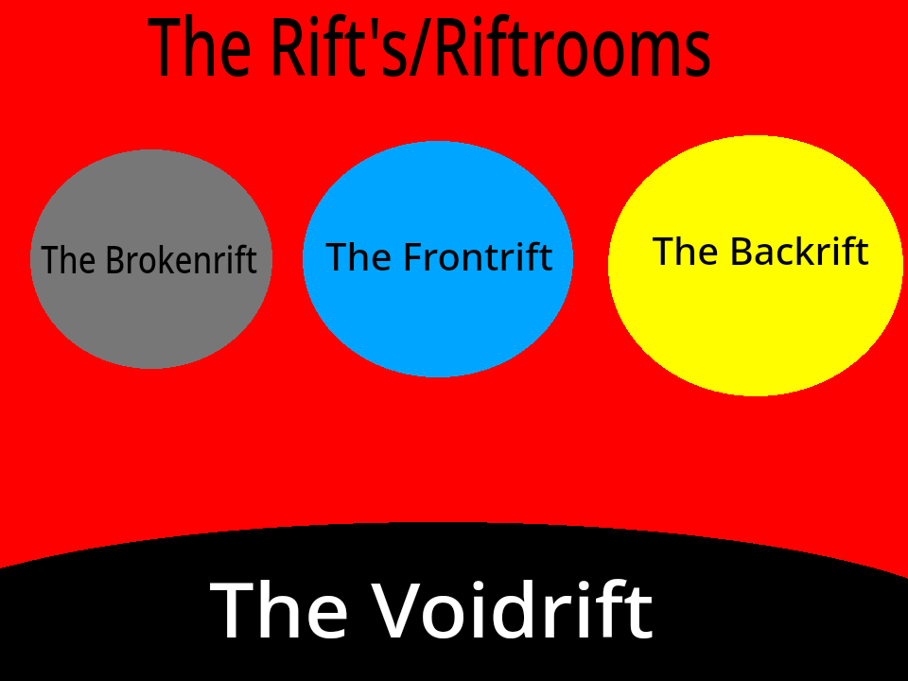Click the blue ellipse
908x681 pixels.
tap(437, 322)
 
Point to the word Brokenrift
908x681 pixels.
tap(181, 260)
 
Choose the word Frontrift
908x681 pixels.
tap(478, 256)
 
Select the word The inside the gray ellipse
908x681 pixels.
tap(68, 260)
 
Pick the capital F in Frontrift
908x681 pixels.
tap(413, 256)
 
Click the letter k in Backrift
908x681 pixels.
tap(805, 252)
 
